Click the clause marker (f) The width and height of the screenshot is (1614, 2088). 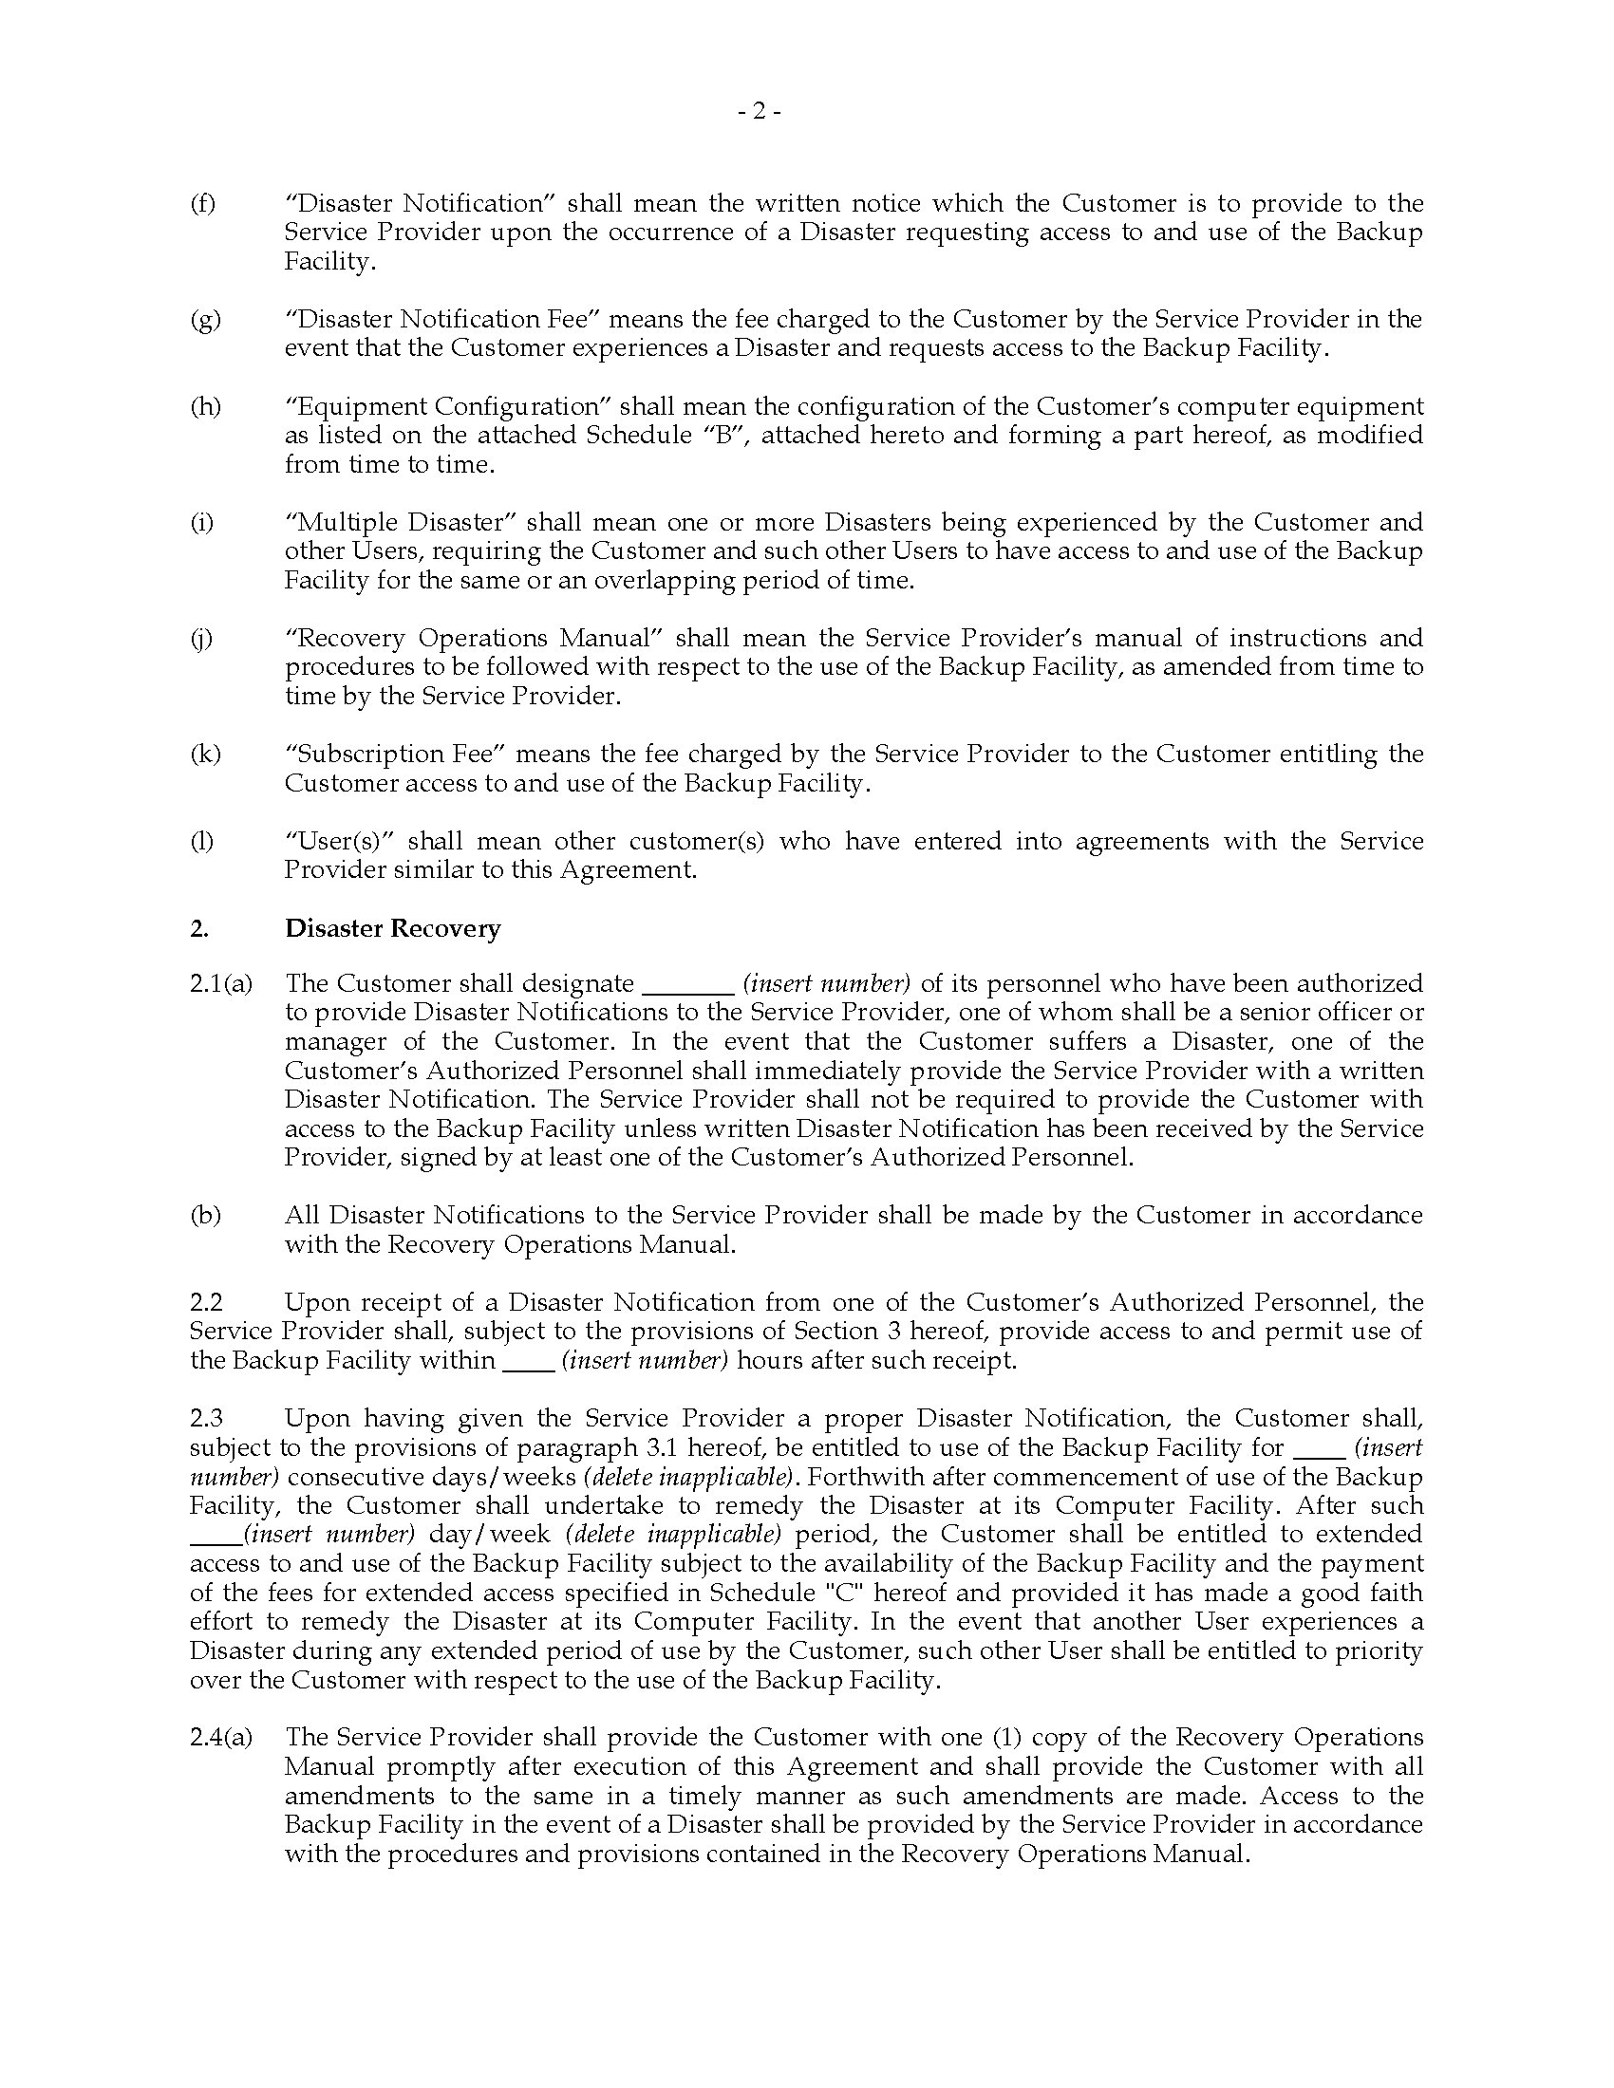tap(203, 204)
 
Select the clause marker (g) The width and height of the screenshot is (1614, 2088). tap(205, 319)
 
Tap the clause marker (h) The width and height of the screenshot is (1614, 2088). tap(205, 406)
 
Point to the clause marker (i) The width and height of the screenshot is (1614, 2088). tap(201, 522)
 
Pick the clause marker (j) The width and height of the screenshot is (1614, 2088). tap(201, 638)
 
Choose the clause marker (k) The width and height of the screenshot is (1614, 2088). tap(205, 754)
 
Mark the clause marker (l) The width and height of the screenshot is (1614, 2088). tap(201, 841)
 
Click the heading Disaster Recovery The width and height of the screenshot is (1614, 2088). tap(392, 928)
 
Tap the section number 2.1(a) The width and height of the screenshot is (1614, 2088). tap(221, 984)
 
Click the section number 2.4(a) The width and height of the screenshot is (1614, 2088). tap(221, 1737)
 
